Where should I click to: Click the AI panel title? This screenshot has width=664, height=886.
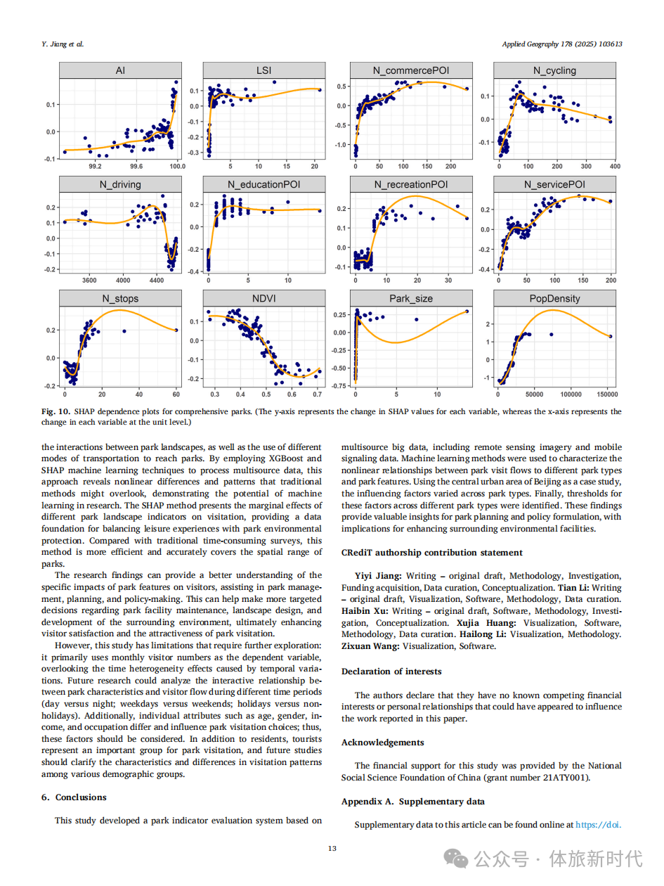(120, 70)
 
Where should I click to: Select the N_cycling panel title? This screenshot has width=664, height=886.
(554, 70)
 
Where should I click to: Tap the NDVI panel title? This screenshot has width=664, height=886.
(264, 299)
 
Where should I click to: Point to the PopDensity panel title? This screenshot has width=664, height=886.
(554, 299)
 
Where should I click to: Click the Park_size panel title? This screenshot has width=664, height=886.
(410, 299)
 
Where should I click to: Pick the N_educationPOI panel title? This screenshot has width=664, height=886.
(264, 185)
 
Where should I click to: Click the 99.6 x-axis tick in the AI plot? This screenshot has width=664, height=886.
(136, 167)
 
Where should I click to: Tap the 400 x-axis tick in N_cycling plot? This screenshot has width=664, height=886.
(615, 167)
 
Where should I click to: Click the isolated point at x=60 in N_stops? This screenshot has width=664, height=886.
(176, 330)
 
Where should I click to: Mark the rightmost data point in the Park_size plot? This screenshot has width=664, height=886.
(467, 312)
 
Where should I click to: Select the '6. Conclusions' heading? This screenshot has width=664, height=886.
(74, 797)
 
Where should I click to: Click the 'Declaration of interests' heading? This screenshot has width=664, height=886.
(391, 672)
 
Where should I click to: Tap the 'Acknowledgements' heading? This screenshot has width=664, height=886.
(383, 743)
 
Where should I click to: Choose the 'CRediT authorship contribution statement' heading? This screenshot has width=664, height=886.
(432, 553)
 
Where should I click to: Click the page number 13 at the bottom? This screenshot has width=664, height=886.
(332, 849)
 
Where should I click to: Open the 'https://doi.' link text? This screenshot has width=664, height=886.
(599, 825)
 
